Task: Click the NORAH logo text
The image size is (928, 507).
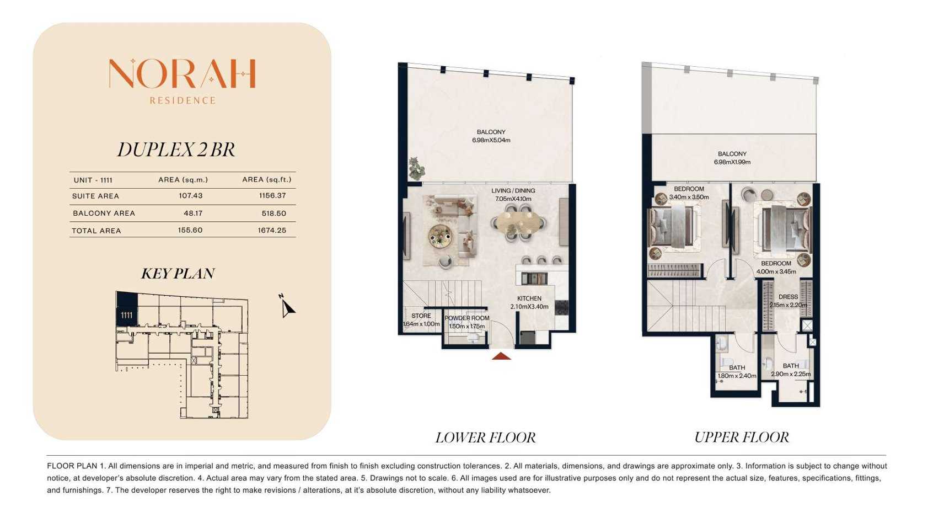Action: tap(183, 74)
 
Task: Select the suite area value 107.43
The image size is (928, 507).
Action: tap(191, 196)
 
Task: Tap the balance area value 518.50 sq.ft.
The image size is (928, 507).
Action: tap(274, 214)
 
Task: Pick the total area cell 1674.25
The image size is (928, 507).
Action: tap(272, 230)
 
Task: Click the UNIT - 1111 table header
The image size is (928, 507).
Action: tap(93, 180)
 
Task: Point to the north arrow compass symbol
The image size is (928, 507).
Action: tap(286, 306)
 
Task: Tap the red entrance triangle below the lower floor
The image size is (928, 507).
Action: tap(501, 356)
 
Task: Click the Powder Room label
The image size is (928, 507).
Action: tap(467, 318)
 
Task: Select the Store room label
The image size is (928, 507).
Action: tap(421, 316)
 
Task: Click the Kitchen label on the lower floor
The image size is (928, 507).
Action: tap(529, 298)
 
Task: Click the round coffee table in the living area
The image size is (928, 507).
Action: tap(440, 236)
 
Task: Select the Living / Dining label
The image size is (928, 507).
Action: tap(513, 191)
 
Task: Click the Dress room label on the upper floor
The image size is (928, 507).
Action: tap(788, 297)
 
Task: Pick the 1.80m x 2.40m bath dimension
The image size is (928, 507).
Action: tap(737, 376)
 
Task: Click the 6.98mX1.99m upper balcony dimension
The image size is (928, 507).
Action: tap(732, 162)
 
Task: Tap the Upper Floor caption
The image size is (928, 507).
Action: tap(742, 437)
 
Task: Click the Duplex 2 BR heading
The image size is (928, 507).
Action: tap(176, 150)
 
